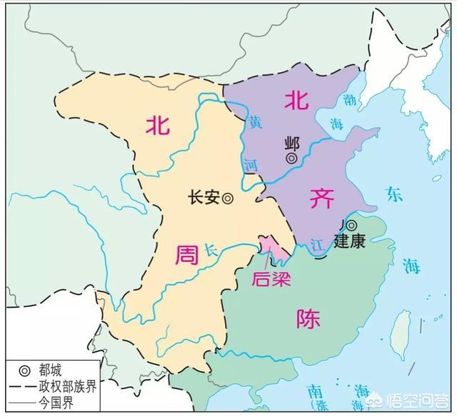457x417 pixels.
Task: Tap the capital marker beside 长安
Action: click(227, 200)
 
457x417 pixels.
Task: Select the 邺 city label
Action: click(291, 143)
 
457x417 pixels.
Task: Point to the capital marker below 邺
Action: click(292, 157)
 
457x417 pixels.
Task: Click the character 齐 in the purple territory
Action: click(321, 200)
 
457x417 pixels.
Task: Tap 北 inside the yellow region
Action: click(159, 126)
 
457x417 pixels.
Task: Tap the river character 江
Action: click(317, 243)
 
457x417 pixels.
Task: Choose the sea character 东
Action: click(393, 193)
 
